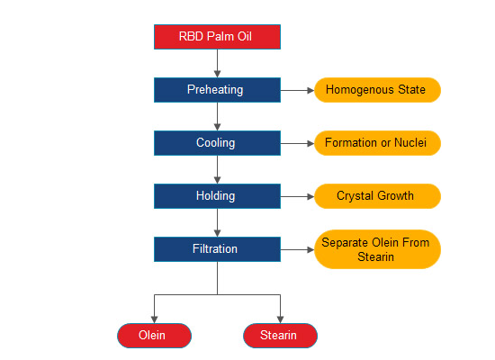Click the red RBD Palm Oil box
[x=217, y=37]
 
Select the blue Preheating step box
[x=217, y=90]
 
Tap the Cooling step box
[x=217, y=143]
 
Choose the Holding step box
[x=217, y=196]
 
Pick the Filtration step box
[x=217, y=249]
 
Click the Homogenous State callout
[x=378, y=90]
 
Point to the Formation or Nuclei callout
[x=378, y=143]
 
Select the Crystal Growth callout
[x=378, y=196]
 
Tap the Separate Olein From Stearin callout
[x=378, y=249]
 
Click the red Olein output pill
[x=154, y=336]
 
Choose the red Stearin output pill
[x=280, y=336]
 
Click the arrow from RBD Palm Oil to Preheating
[x=217, y=63]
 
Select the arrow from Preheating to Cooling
[x=217, y=116]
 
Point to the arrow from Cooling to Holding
[x=217, y=169]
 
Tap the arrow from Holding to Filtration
[x=217, y=222]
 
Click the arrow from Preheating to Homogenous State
[x=297, y=90]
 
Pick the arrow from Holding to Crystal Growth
[x=297, y=196]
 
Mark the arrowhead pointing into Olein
[x=154, y=319]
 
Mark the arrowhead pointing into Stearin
[x=280, y=319]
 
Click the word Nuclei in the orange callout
[x=410, y=143]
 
